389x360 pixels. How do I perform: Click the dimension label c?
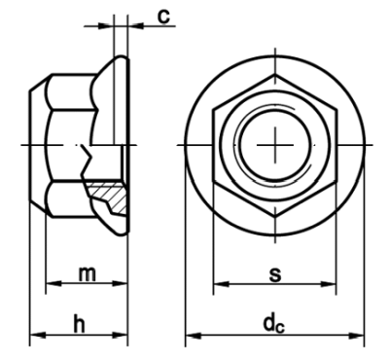pos(164,17)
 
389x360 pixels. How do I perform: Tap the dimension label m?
pos(88,274)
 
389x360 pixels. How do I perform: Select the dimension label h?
pos(79,323)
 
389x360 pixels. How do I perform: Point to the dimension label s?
pos(275,274)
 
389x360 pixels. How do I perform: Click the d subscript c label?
pos(274,324)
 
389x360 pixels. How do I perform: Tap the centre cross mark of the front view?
pos(275,145)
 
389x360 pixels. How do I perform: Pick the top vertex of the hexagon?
pos(275,75)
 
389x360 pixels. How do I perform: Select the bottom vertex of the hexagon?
pos(275,216)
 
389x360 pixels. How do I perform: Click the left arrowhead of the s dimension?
pos(222,284)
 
